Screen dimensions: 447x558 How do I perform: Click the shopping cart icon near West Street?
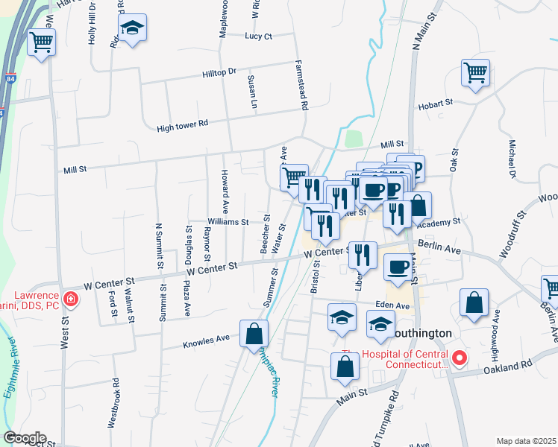click(42, 42)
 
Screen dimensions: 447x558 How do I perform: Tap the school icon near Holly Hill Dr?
click(133, 29)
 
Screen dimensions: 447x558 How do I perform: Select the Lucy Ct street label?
click(259, 36)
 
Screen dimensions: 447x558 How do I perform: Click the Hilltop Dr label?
click(219, 72)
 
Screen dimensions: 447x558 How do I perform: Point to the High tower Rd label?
click(182, 127)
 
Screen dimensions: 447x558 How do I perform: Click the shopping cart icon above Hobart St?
click(475, 73)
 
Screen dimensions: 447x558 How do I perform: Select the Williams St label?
click(228, 222)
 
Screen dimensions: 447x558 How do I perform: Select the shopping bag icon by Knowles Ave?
click(254, 333)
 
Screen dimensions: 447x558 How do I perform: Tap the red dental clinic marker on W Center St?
click(71, 300)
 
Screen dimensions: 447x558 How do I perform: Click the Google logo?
click(25, 438)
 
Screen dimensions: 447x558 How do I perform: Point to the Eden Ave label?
click(393, 306)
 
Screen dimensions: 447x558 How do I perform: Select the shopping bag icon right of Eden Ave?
click(474, 302)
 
